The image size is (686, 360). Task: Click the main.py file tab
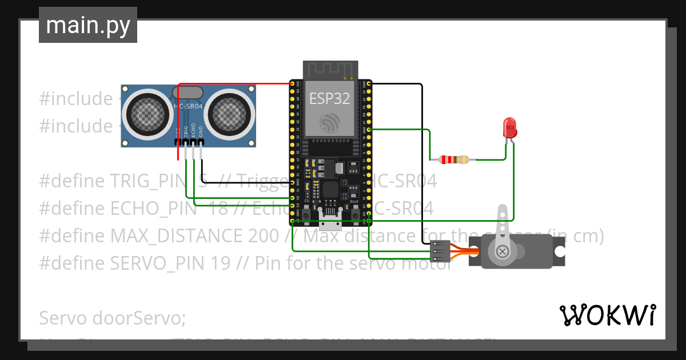tap(87, 25)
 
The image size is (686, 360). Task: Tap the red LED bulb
tap(508, 127)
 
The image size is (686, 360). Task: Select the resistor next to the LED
tap(453, 159)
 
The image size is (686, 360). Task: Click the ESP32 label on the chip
tap(329, 98)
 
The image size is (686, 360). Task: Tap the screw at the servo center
tap(502, 251)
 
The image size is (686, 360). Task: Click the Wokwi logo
tap(607, 315)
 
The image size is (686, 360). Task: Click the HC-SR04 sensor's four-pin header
tap(189, 141)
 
